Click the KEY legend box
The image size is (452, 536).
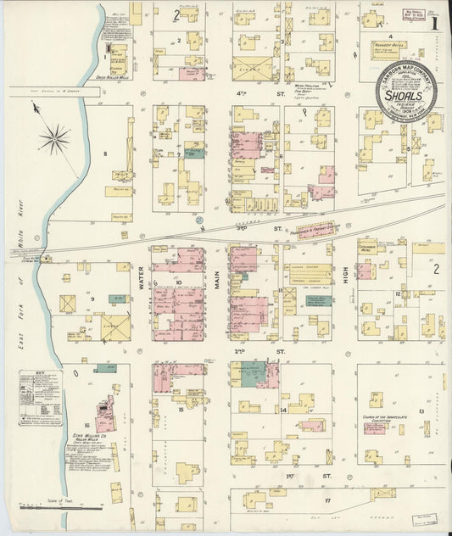pyautogui.click(x=40, y=397)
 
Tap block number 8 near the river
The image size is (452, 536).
pyautogui.click(x=105, y=154)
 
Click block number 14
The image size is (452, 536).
pyautogui.click(x=283, y=410)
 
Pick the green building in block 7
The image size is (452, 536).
pyautogui.click(x=194, y=154)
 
